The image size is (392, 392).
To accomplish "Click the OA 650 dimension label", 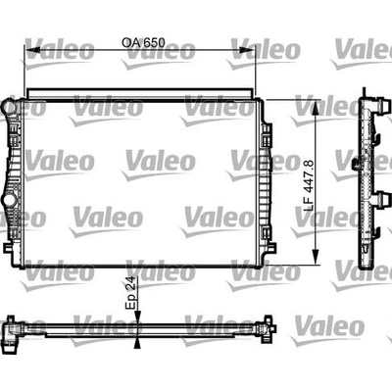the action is point(143,43).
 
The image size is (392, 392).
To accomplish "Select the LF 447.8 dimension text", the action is point(309,185).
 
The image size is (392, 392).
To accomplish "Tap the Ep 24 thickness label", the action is point(130,293).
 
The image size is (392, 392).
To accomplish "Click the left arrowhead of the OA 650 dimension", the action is point(32,50).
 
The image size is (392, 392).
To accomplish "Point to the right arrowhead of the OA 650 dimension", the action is point(246,50).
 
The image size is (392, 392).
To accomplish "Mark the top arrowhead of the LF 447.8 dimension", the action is point(316,108).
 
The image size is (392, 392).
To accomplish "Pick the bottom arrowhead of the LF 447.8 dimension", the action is point(316,257).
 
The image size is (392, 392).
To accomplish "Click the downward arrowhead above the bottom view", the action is point(138,317).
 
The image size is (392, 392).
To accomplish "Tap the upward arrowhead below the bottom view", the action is point(138,342).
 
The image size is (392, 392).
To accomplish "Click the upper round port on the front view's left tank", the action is point(8,107).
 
